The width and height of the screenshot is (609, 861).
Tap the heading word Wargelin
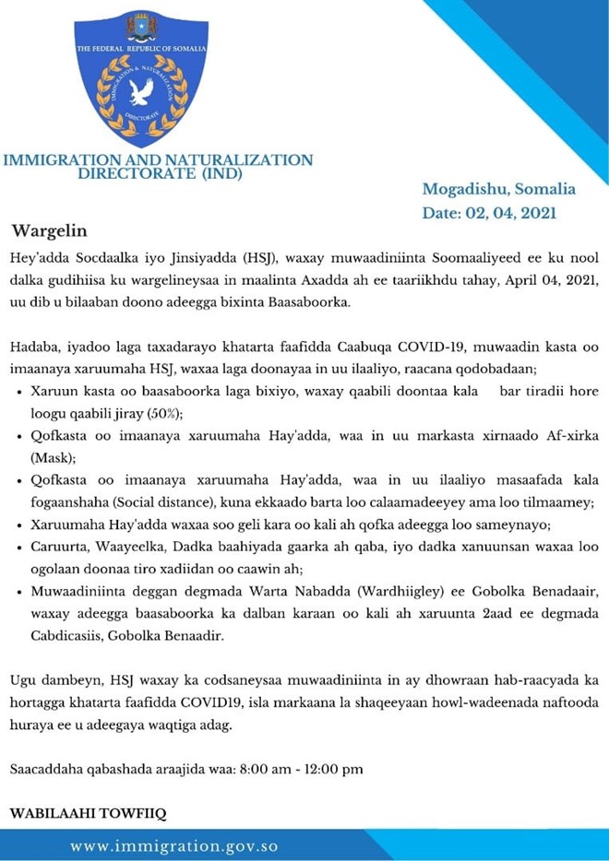tap(48, 230)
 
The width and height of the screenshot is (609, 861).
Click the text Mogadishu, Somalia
tap(499, 189)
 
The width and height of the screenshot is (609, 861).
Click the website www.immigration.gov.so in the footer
tap(174, 845)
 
